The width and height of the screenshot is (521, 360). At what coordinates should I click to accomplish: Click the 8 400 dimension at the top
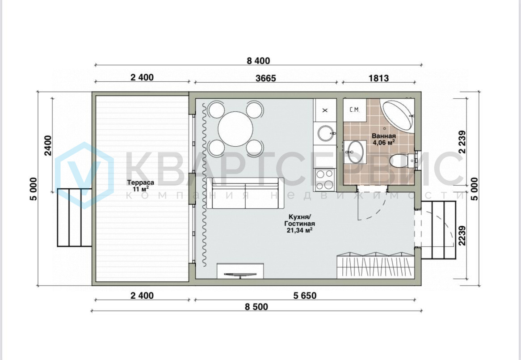click(x=259, y=61)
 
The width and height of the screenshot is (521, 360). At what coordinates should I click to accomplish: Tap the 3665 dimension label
click(x=266, y=78)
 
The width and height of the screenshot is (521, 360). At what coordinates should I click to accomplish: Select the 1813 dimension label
click(x=378, y=78)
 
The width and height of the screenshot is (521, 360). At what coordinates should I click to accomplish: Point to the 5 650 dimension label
click(x=305, y=295)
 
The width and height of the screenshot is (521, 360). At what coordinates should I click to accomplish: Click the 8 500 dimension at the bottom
click(x=256, y=306)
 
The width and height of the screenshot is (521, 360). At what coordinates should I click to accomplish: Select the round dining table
click(x=235, y=129)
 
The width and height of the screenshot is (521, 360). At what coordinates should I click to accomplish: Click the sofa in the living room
click(x=245, y=193)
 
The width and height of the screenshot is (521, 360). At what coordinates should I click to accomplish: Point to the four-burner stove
click(x=324, y=179)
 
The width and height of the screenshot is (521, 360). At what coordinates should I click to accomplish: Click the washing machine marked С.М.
click(x=355, y=110)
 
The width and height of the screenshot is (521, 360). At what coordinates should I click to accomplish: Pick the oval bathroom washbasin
click(x=355, y=152)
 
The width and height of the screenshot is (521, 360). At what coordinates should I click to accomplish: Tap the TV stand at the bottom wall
click(x=240, y=271)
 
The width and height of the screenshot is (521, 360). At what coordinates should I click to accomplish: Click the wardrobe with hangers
click(x=375, y=266)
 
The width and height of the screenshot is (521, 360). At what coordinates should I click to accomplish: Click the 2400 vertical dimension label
click(x=49, y=145)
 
